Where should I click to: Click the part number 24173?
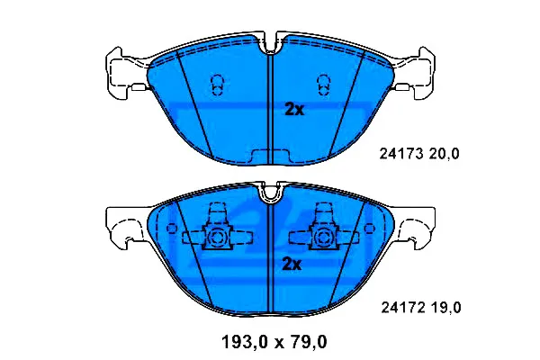(x=401, y=154)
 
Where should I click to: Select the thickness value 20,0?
(x=444, y=154)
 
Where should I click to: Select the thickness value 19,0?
(x=445, y=308)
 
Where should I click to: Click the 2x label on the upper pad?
(x=294, y=110)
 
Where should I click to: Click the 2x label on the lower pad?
(x=292, y=265)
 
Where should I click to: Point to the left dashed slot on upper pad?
(x=217, y=85)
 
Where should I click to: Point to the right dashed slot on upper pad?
(x=324, y=85)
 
